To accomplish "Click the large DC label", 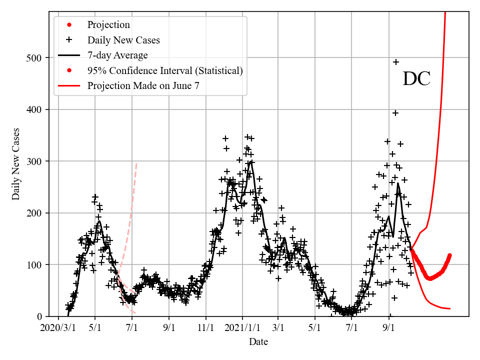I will point(416,79).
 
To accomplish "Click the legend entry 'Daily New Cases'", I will point(123,40).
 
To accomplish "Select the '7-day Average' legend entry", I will point(117,55).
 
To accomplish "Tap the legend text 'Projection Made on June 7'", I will point(143,85).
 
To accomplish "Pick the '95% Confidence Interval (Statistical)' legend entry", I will point(165,70).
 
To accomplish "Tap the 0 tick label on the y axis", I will point(39,316).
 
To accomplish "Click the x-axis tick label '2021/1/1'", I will point(242,328).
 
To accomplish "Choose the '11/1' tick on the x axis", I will point(205,328).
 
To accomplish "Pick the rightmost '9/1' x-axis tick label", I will point(388,328).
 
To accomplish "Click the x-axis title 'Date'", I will point(258,342).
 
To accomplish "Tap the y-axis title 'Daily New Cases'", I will point(16,163).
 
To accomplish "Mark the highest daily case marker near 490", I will point(396,62).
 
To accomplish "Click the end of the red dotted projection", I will point(450,255).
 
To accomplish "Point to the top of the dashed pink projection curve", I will point(136,163).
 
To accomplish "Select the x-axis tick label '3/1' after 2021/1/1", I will point(278,328).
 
